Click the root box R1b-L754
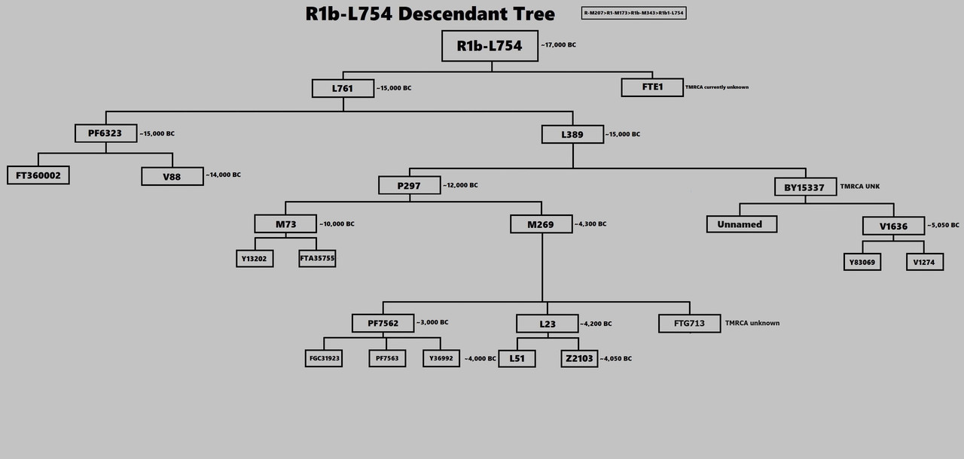point(490,46)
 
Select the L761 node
point(343,88)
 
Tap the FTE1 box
point(651,87)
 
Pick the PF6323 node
point(105,133)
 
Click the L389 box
point(572,134)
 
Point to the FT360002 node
point(38,175)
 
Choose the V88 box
point(172,176)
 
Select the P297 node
point(409,185)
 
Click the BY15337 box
point(804,187)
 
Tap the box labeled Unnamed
point(741,223)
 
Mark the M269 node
point(541,223)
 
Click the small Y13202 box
point(255,258)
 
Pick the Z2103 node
point(578,358)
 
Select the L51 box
point(517,358)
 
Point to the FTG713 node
point(689,323)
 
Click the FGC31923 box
point(325,358)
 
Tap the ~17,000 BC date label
point(558,45)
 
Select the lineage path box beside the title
point(633,13)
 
